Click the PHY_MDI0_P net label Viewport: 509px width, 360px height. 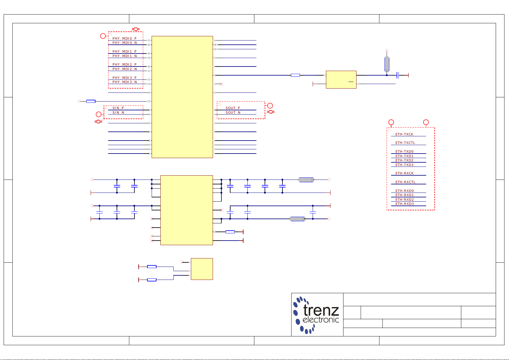[124, 38]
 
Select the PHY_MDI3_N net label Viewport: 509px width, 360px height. [124, 82]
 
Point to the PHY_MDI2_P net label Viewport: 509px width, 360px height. [124, 64]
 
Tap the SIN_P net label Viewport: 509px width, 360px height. [118, 108]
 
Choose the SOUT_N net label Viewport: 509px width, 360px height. [233, 112]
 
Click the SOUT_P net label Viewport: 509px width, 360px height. [233, 108]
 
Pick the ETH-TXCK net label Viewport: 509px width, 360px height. [404, 134]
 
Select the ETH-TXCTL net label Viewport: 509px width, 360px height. [405, 143]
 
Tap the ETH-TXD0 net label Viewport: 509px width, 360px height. [404, 151]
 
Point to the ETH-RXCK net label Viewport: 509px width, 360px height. [404, 173]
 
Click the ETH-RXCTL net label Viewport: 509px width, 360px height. [405, 182]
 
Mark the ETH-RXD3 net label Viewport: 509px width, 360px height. [404, 204]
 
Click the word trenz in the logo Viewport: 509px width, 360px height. [321, 310]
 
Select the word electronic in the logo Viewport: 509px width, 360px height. [321, 320]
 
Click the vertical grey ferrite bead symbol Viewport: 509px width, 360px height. [387, 64]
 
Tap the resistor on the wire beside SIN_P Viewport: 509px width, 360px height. [91, 101]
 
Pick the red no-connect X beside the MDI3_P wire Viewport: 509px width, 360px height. [221, 84]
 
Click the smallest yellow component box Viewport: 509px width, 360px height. [202, 269]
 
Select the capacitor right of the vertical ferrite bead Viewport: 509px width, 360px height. [398, 75]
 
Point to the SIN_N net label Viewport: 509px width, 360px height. [118, 112]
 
